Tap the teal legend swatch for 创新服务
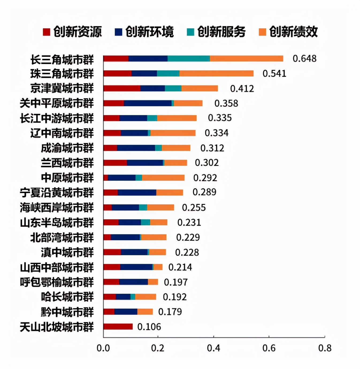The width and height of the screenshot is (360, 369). pyautogui.click(x=190, y=32)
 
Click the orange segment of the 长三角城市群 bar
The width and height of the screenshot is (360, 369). pyautogui.click(x=246, y=59)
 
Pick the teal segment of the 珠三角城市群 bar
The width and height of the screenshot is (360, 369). pyautogui.click(x=168, y=73)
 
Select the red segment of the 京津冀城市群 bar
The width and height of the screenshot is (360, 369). pyautogui.click(x=122, y=88)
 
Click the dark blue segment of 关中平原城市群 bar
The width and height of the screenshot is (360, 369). pyautogui.click(x=148, y=103)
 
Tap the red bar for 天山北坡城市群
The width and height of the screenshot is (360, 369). pyautogui.click(x=118, y=327)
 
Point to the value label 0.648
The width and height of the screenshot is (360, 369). pyautogui.click(x=304, y=59)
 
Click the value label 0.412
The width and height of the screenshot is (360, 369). pyautogui.click(x=242, y=89)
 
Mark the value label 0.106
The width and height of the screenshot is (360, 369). pyautogui.click(x=149, y=327)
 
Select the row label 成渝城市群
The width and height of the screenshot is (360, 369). pyautogui.click(x=67, y=148)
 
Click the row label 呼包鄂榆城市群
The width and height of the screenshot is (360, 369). pyautogui.click(x=57, y=282)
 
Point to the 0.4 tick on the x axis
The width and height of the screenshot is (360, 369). pyautogui.click(x=213, y=348)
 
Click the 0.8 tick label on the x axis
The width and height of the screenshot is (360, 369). pyautogui.click(x=325, y=348)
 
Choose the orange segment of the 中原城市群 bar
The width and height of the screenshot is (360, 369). pyautogui.click(x=163, y=178)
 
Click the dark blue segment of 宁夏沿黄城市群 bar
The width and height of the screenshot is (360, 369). pyautogui.click(x=137, y=193)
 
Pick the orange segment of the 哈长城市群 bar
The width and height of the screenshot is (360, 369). pyautogui.click(x=145, y=297)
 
